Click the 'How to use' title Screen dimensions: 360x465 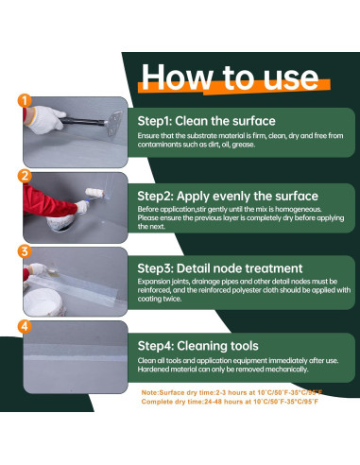230,77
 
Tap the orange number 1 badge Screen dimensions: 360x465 25,101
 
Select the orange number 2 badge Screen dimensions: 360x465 25,176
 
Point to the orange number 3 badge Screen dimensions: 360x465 25,251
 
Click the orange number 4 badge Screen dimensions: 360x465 25,326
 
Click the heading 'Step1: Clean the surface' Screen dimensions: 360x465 206,121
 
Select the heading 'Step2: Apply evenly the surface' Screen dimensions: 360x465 228,197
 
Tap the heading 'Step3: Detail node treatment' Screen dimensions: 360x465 220,268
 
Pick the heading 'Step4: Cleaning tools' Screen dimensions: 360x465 197,346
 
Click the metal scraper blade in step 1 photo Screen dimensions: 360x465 114,124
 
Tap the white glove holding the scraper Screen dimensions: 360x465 46,119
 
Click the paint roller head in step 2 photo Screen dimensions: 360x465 94,193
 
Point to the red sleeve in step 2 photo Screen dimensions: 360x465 48,202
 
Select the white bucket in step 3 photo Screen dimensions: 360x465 44,302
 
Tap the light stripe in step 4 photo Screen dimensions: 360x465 76,358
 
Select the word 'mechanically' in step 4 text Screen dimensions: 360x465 286,370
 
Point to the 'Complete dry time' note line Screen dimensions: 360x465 230,402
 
